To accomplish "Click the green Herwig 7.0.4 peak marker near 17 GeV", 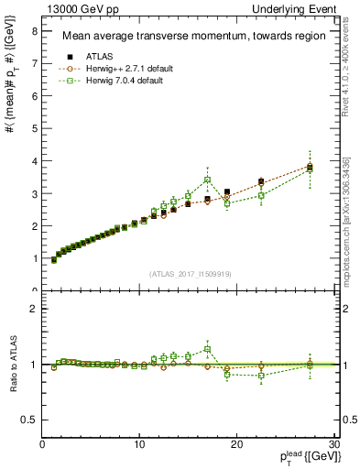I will (x=208, y=180).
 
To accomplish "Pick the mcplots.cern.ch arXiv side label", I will (x=346, y=221).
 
